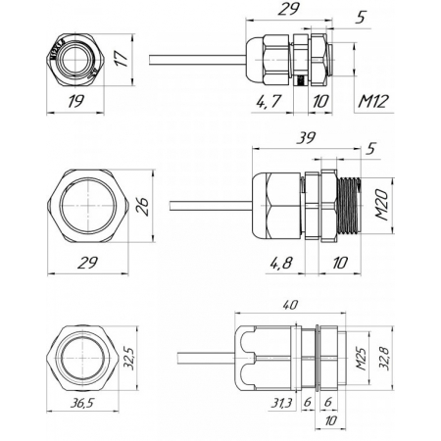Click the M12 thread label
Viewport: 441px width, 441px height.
tap(373, 102)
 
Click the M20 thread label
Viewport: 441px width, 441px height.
tap(382, 206)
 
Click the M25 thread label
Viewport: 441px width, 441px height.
tap(361, 359)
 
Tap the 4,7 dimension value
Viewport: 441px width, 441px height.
tap(269, 102)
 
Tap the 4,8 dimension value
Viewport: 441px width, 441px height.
tap(281, 263)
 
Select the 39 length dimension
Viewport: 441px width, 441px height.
tap(306, 138)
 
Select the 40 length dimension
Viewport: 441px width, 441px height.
tap(289, 305)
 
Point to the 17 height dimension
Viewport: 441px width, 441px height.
tap(122, 59)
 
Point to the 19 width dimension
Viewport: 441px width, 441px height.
tap(75, 102)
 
